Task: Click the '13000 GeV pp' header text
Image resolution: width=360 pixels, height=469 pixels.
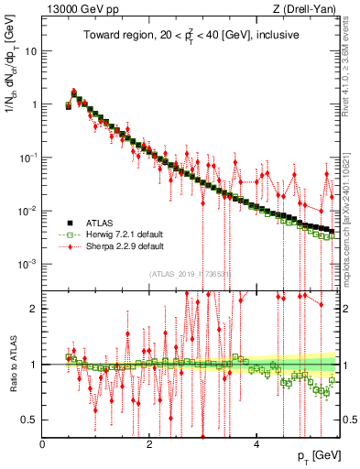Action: [77, 9]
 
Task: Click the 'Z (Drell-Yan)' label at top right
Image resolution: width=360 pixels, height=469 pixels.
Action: [308, 9]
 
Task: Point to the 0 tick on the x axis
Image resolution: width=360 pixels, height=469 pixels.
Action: [42, 444]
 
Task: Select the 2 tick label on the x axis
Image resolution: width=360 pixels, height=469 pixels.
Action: [149, 444]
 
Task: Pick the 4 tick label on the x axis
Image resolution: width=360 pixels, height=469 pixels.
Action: [256, 444]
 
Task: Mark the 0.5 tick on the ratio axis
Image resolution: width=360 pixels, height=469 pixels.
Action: [29, 420]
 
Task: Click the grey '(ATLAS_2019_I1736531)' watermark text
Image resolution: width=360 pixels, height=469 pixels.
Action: [191, 273]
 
